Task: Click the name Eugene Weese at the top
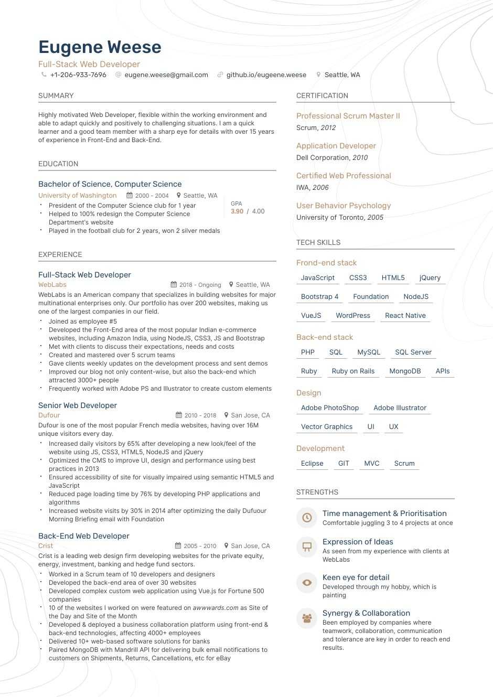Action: click(100, 47)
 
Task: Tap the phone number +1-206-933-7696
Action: click(78, 75)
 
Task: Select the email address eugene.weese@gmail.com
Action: click(166, 75)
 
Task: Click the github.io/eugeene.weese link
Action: click(266, 75)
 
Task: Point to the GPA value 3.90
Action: click(237, 211)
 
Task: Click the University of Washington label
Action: click(78, 196)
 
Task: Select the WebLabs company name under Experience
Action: click(52, 285)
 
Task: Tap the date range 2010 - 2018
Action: click(200, 415)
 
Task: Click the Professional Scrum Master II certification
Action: click(348, 116)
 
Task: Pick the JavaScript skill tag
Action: click(318, 278)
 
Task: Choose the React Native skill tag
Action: click(405, 316)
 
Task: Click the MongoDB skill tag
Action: click(405, 371)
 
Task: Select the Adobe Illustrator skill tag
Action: click(400, 408)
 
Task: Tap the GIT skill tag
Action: click(344, 464)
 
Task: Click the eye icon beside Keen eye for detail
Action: click(307, 582)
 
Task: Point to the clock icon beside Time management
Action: click(307, 518)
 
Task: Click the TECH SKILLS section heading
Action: click(318, 243)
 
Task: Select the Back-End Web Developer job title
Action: click(84, 536)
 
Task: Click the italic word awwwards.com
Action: click(216, 608)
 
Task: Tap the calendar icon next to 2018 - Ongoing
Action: click(174, 285)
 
